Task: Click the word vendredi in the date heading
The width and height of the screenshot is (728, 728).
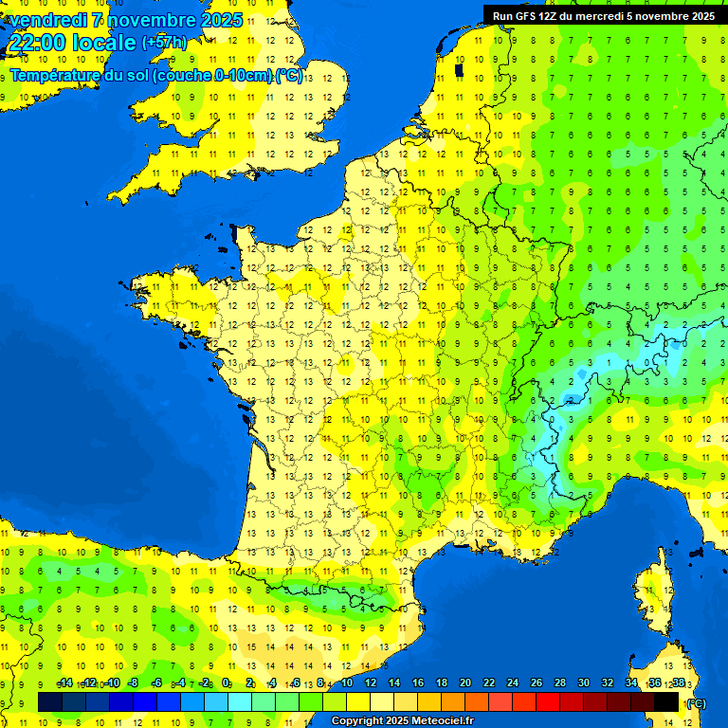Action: pyautogui.click(x=47, y=20)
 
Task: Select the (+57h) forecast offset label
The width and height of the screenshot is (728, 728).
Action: pyautogui.click(x=164, y=42)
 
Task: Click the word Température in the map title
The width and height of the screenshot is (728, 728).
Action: pyautogui.click(x=60, y=75)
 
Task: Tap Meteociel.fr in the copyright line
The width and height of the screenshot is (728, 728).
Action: pyautogui.click(x=439, y=721)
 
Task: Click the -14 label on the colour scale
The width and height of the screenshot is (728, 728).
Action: pyautogui.click(x=64, y=682)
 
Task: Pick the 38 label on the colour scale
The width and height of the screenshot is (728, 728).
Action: pyautogui.click(x=679, y=682)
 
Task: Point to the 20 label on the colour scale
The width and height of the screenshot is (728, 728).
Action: pyautogui.click(x=464, y=682)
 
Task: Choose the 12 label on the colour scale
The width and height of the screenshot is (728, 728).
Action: pyautogui.click(x=370, y=682)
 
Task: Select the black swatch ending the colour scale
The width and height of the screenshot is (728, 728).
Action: pyautogui.click(x=666, y=701)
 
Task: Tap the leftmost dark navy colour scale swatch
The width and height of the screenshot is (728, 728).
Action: pyautogui.click(x=50, y=701)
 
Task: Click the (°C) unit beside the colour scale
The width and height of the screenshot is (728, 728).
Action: pyautogui.click(x=696, y=702)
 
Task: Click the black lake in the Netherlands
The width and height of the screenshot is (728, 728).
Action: pyautogui.click(x=460, y=69)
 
